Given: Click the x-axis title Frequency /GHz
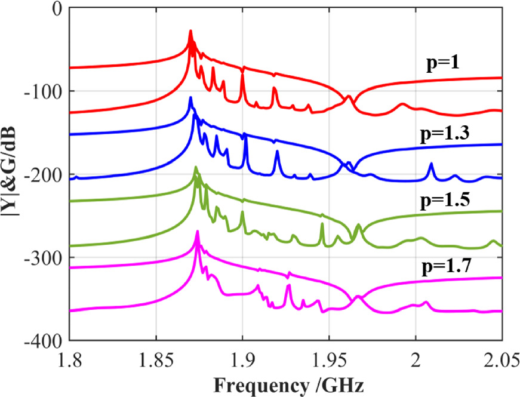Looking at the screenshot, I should point(285,382).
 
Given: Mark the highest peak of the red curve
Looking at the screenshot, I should point(190,31).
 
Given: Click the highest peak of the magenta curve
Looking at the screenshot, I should point(198,232).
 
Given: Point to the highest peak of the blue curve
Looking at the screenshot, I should point(190,97).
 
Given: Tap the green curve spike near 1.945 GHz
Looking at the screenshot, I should point(322,224).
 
